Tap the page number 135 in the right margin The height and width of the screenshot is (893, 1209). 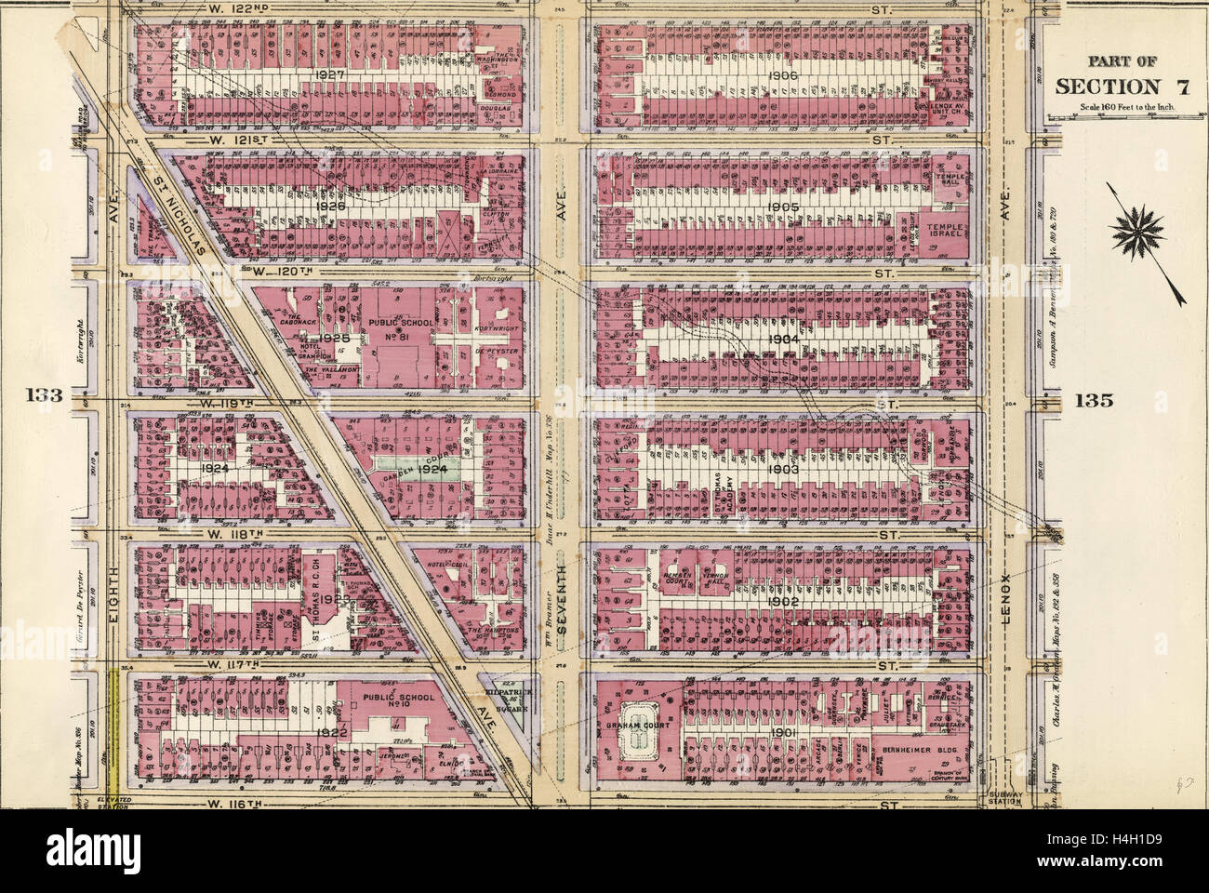pyautogui.click(x=1092, y=400)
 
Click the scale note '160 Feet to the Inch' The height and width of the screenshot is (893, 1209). pyautogui.click(x=1107, y=108)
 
